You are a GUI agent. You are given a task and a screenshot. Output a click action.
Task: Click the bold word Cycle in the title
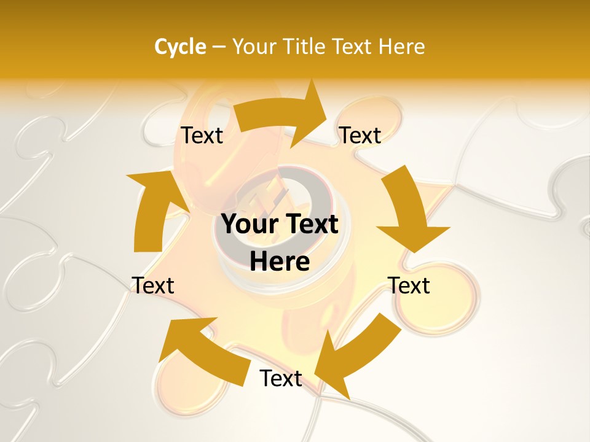180,46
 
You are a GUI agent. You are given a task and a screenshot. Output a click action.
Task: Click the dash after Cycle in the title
219,47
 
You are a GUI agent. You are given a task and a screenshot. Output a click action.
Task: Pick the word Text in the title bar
352,46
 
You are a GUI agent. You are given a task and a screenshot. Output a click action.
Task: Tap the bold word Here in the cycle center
280,262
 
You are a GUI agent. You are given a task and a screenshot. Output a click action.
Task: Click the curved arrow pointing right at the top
283,117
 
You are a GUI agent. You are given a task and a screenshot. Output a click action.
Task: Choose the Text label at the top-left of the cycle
202,136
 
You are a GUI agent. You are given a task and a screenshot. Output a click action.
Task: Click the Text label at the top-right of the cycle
360,135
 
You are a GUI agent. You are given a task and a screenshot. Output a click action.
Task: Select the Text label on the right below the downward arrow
409,285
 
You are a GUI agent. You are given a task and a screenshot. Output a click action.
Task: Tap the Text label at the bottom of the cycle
281,379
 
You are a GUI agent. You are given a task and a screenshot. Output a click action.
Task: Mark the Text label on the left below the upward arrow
153,285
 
